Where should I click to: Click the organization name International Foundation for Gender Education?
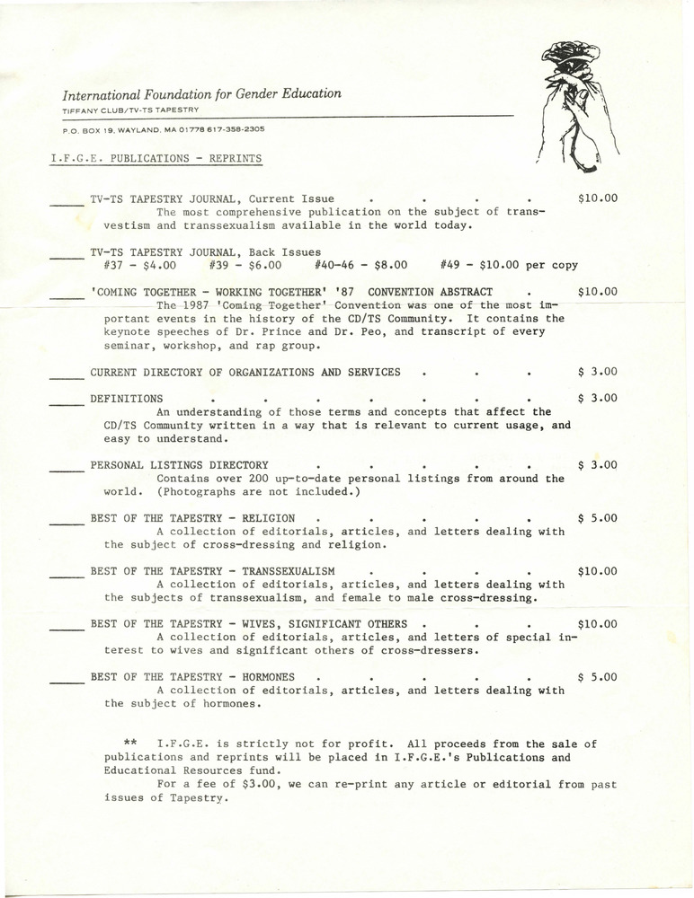[201, 93]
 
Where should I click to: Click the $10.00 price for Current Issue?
[598, 198]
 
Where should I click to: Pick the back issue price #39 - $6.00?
[245, 266]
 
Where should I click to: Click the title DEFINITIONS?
[127, 398]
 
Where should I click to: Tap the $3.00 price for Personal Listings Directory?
[598, 465]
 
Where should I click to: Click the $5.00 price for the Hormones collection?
[598, 676]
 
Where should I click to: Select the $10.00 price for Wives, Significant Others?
[598, 623]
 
